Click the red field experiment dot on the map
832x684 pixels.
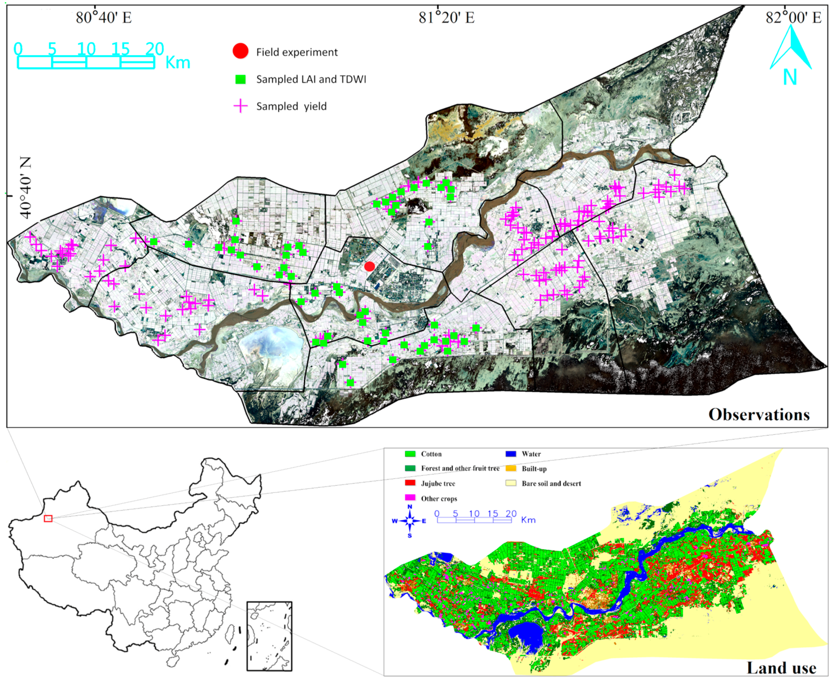point(369,266)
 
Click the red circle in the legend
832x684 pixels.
point(240,51)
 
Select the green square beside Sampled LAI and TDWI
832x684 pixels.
point(240,79)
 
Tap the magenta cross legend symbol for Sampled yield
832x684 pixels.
point(240,106)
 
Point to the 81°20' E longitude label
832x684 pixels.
point(446,17)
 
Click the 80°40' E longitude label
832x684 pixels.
point(104,17)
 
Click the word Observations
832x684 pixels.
point(759,414)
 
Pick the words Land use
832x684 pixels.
point(781,668)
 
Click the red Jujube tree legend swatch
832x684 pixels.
point(410,483)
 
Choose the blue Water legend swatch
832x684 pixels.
point(511,454)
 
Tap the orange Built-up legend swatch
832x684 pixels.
point(511,468)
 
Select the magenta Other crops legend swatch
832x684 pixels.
point(410,498)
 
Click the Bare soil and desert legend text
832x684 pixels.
point(551,483)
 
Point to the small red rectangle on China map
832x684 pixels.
point(48,518)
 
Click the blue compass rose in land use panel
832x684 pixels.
point(410,521)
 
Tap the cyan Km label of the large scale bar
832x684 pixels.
point(178,63)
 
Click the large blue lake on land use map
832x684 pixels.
point(526,633)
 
